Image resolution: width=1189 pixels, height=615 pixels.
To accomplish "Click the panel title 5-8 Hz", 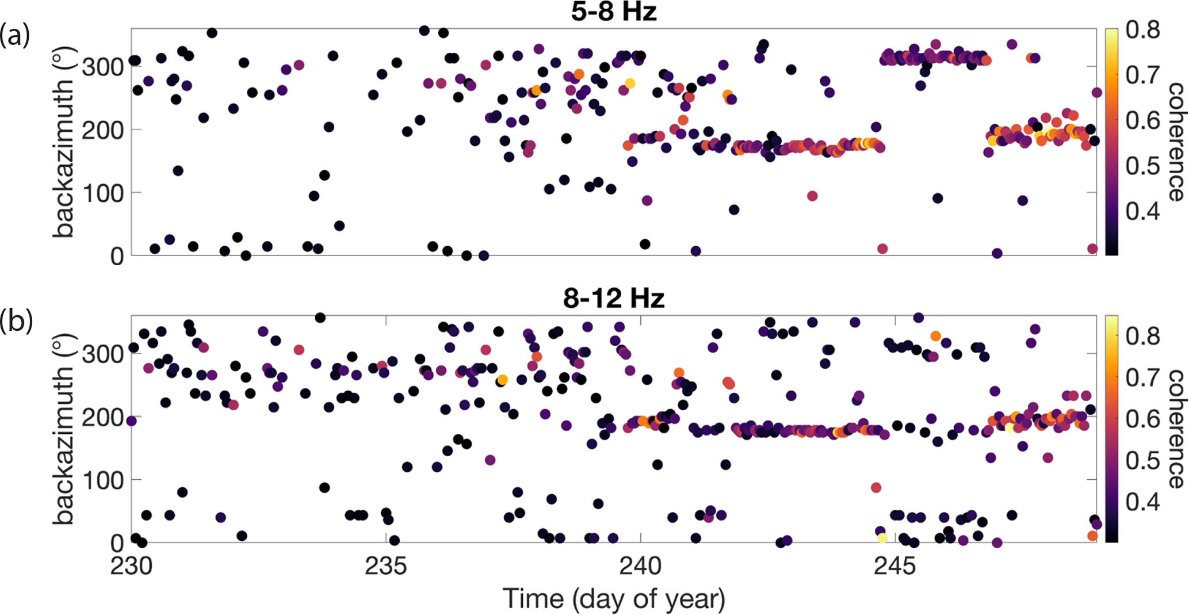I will tap(614, 12).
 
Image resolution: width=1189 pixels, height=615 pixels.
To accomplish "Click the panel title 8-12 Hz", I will tap(614, 298).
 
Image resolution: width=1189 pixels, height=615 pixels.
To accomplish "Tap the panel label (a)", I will tap(15, 36).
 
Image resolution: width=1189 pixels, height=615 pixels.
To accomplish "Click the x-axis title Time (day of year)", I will tap(614, 599).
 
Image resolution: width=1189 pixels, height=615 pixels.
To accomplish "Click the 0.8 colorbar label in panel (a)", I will tap(1142, 29).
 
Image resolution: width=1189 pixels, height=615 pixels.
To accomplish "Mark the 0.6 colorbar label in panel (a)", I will tap(1142, 120).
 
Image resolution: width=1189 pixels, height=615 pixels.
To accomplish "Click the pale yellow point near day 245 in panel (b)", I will tap(882, 538).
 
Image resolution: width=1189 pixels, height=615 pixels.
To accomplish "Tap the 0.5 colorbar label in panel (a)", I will tap(1142, 166).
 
